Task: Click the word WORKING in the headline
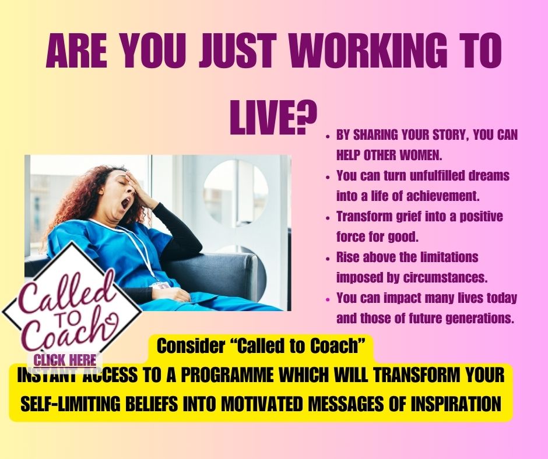coord(368,51)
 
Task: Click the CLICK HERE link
coord(65,360)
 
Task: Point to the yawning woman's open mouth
coord(125,203)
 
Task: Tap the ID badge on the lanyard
coord(161,285)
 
